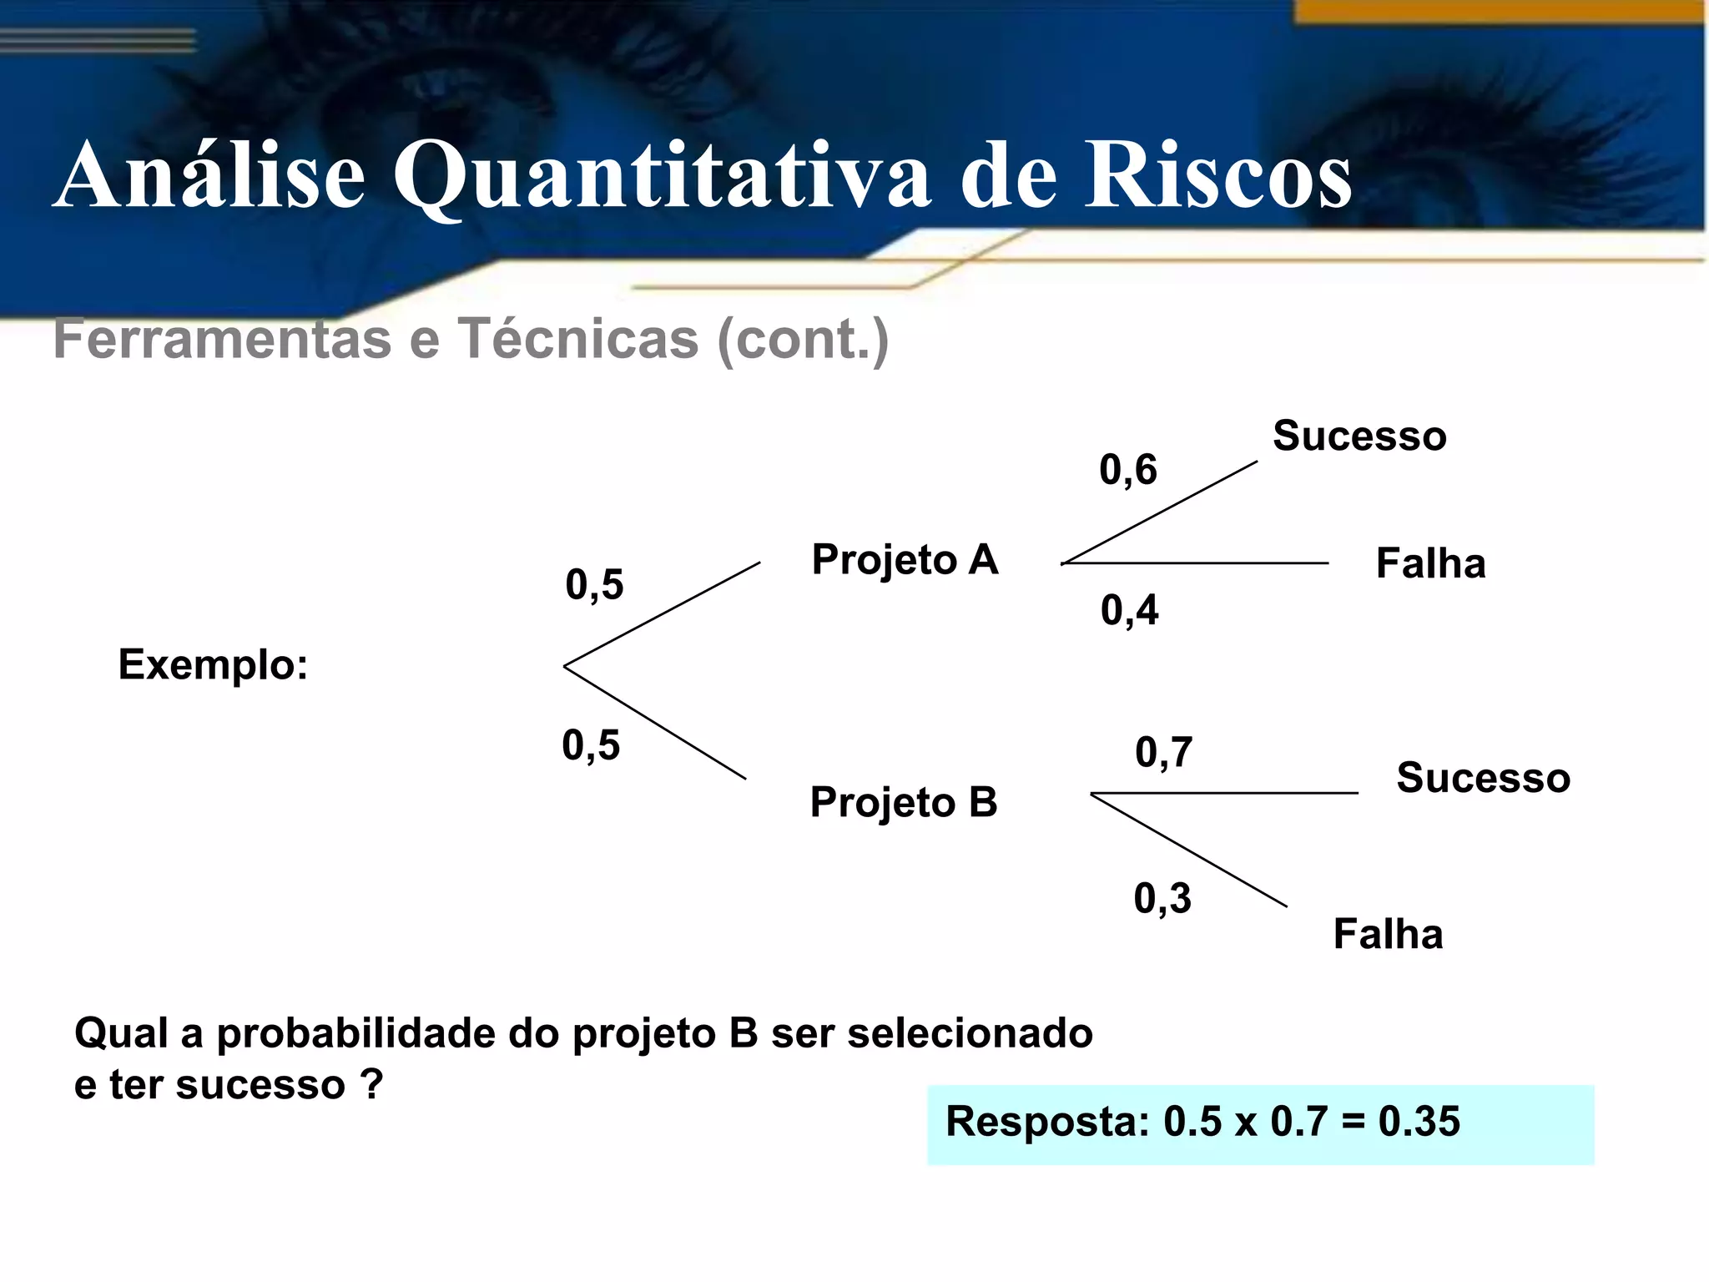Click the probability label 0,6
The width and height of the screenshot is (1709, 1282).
coord(1127,470)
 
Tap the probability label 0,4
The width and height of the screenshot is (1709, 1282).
coord(1129,610)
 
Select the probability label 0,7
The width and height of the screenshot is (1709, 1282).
coord(1163,752)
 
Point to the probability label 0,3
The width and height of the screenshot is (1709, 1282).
coord(1162,899)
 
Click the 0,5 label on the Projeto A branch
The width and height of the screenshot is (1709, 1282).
coord(594,584)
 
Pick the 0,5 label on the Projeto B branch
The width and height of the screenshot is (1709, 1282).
coord(591,744)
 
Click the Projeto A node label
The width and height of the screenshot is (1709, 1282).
coord(905,559)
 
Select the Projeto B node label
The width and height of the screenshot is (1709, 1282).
coord(904,802)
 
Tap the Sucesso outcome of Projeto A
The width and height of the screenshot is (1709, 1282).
coord(1359,436)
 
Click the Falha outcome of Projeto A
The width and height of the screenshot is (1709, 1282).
coord(1430,563)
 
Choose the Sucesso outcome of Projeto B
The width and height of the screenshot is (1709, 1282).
coord(1483,778)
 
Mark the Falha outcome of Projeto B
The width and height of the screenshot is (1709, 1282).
coord(1388,934)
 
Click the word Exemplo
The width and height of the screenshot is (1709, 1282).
coord(213,665)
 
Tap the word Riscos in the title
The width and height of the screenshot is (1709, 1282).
coord(1217,176)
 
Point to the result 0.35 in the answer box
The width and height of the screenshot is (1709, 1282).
coord(1419,1121)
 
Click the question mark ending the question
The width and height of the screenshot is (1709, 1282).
coord(371,1085)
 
